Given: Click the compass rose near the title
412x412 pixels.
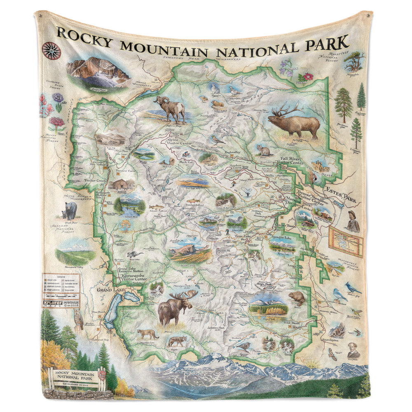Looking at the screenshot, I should pyautogui.click(x=51, y=51).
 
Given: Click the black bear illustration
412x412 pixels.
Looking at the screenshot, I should pyautogui.click(x=69, y=210).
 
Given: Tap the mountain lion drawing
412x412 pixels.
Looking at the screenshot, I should pyautogui.click(x=147, y=334).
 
